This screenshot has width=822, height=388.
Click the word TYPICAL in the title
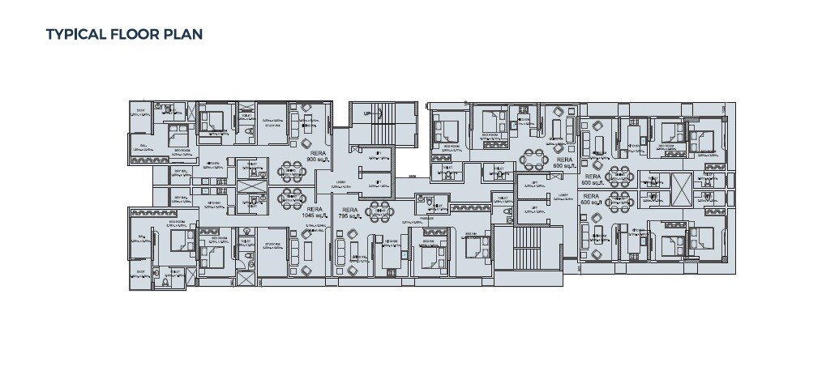pos(76,34)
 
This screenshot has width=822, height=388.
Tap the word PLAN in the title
pos(184,34)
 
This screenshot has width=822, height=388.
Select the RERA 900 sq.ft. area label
pos(315,156)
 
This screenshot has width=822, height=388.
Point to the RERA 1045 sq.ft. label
pos(315,211)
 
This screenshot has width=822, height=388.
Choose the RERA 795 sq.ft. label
pos(349,215)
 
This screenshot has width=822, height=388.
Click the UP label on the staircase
pos(368,113)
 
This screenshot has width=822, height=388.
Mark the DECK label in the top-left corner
pos(140,111)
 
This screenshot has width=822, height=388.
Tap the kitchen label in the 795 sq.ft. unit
pos(390,241)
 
